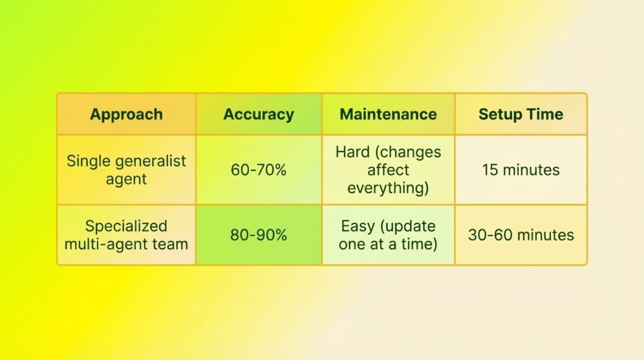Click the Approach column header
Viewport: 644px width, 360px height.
pyautogui.click(x=126, y=115)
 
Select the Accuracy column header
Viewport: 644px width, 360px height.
pyautogui.click(x=258, y=115)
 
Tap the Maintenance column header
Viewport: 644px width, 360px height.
pyautogui.click(x=388, y=115)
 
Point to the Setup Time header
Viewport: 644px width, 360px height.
pyautogui.click(x=521, y=115)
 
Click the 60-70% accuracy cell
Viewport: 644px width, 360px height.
pyautogui.click(x=258, y=170)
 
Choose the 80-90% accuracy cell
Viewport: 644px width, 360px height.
pyautogui.click(x=258, y=235)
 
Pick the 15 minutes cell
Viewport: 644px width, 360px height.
pyautogui.click(x=521, y=170)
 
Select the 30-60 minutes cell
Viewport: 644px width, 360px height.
pyautogui.click(x=521, y=235)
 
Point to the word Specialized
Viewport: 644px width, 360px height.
pyautogui.click(x=126, y=227)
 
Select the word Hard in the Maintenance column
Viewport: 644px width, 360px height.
pyautogui.click(x=353, y=152)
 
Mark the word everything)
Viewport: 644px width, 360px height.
pyautogui.click(x=388, y=188)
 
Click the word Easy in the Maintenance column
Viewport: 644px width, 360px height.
pyautogui.click(x=357, y=226)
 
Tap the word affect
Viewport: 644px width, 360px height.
pyautogui.click(x=388, y=170)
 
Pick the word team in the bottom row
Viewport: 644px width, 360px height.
pyautogui.click(x=170, y=245)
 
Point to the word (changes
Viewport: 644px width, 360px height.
pyautogui.click(x=408, y=152)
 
